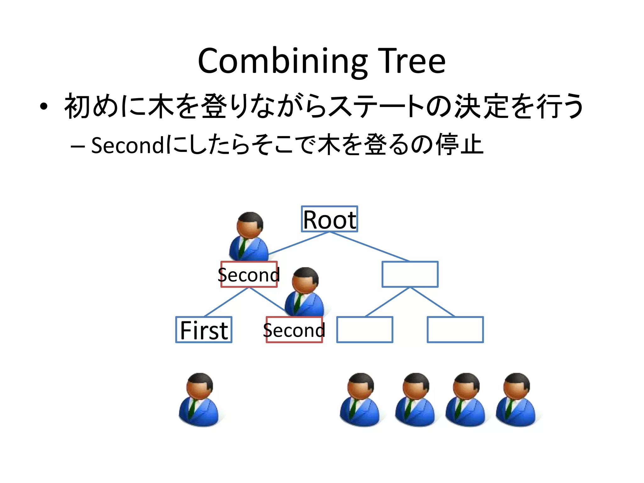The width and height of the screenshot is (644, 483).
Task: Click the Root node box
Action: [329, 219]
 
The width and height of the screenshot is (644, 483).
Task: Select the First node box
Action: [204, 330]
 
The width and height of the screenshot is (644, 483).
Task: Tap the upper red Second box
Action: [249, 275]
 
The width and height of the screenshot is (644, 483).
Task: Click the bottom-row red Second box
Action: [294, 330]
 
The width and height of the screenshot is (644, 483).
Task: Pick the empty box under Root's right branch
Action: [410, 274]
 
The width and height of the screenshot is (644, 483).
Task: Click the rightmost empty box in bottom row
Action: [455, 330]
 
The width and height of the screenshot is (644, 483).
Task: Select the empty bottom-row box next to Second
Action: [364, 330]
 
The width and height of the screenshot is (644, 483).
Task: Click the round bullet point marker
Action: [44, 107]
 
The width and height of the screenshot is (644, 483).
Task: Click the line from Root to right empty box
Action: [369, 247]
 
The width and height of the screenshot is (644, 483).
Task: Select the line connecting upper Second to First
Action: [226, 302]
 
